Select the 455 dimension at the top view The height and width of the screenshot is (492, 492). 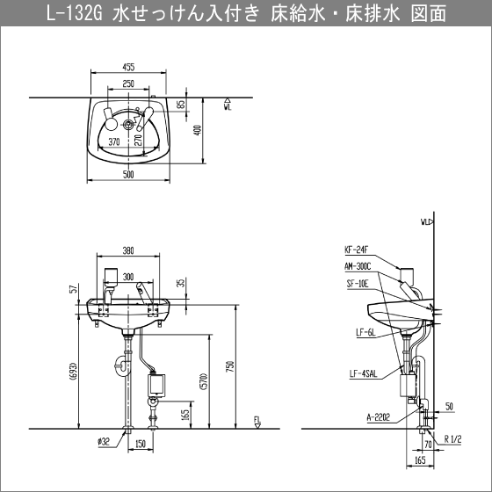tap(128, 67)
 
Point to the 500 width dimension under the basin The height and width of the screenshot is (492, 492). tap(128, 175)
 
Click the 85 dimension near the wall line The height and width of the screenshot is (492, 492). tap(181, 105)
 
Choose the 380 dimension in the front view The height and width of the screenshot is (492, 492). tap(128, 249)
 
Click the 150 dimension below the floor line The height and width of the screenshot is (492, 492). tap(141, 445)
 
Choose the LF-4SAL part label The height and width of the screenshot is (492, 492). tap(360, 375)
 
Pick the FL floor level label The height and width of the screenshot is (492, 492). tap(258, 422)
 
